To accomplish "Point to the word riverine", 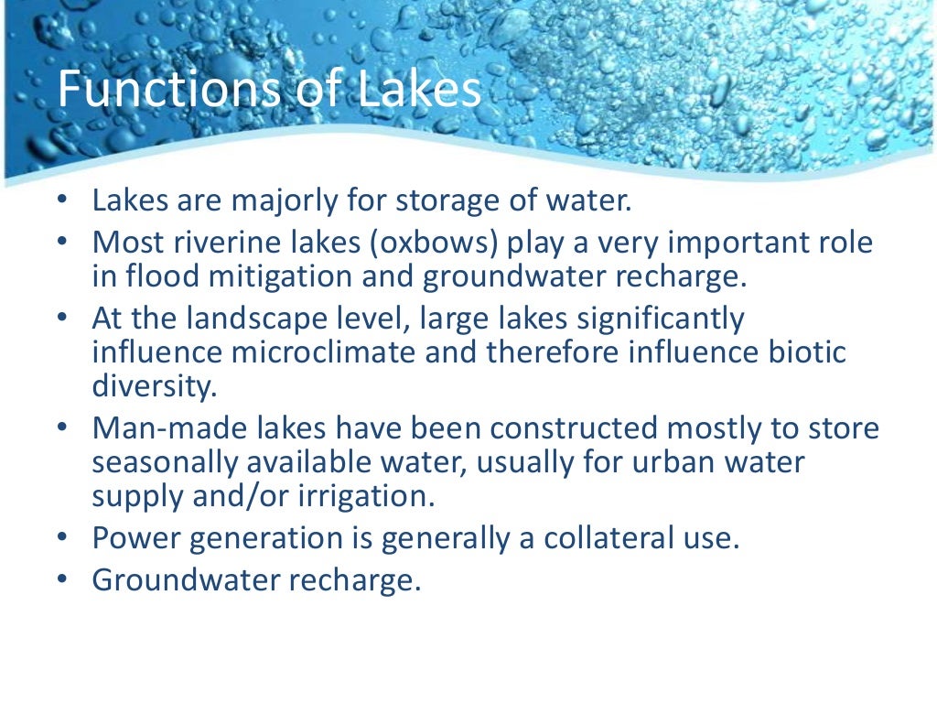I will (x=225, y=243).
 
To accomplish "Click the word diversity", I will (x=155, y=385).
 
